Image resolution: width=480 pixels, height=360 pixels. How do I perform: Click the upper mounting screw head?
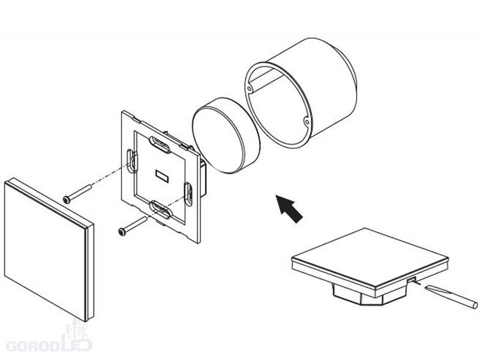[x=67, y=200]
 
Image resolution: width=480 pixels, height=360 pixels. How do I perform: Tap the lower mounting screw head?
[x=122, y=232]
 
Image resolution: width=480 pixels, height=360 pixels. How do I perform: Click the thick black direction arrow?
[x=289, y=208]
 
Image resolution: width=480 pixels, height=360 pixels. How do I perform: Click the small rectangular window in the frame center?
[x=162, y=176]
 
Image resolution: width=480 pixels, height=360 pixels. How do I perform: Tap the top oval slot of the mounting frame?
[x=160, y=145]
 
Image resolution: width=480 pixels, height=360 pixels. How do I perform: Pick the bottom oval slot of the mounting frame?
[x=160, y=209]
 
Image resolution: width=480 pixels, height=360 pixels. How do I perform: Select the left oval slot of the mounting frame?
[x=131, y=161]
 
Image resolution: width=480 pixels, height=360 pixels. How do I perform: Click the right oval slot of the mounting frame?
[x=188, y=194]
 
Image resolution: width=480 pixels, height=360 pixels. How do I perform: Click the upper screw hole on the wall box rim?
[x=249, y=89]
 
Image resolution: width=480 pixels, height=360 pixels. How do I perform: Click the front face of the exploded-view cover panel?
[x=46, y=250]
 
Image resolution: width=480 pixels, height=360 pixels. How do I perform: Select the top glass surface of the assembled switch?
[x=370, y=257]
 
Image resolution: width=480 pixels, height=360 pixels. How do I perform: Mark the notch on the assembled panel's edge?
[x=411, y=279]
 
